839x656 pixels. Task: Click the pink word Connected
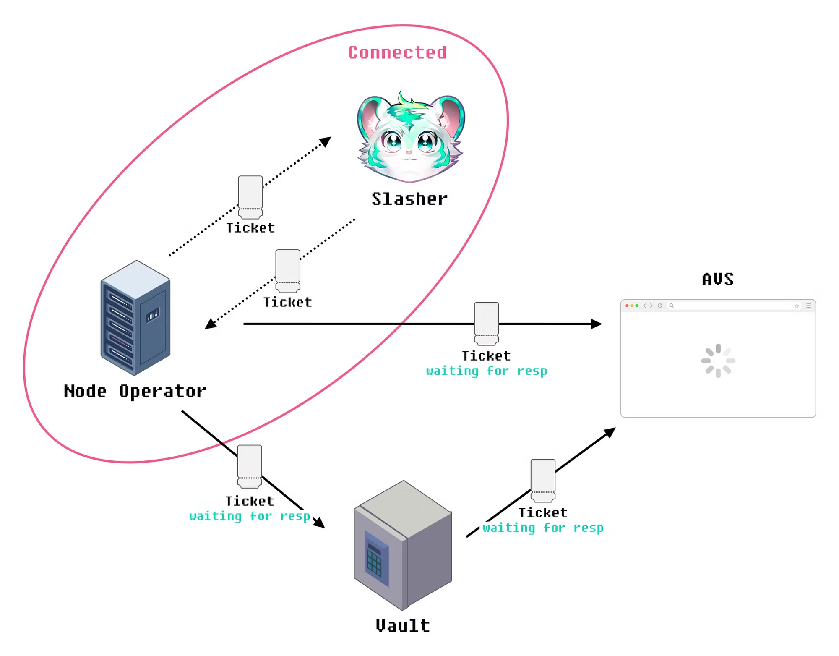[397, 53]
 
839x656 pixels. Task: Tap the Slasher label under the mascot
[409, 199]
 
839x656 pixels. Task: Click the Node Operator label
[135, 391]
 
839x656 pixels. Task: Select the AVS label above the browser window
[718, 280]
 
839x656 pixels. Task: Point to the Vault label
[403, 626]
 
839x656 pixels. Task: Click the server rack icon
[135, 318]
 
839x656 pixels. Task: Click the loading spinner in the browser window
[718, 361]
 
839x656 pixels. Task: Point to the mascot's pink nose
[409, 152]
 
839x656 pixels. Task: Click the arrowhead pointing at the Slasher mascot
[326, 141]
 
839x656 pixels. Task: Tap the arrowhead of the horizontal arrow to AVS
[596, 324]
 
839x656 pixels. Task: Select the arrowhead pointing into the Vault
[320, 523]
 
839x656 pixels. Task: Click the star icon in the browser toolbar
[797, 306]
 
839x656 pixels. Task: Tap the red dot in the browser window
[627, 306]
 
